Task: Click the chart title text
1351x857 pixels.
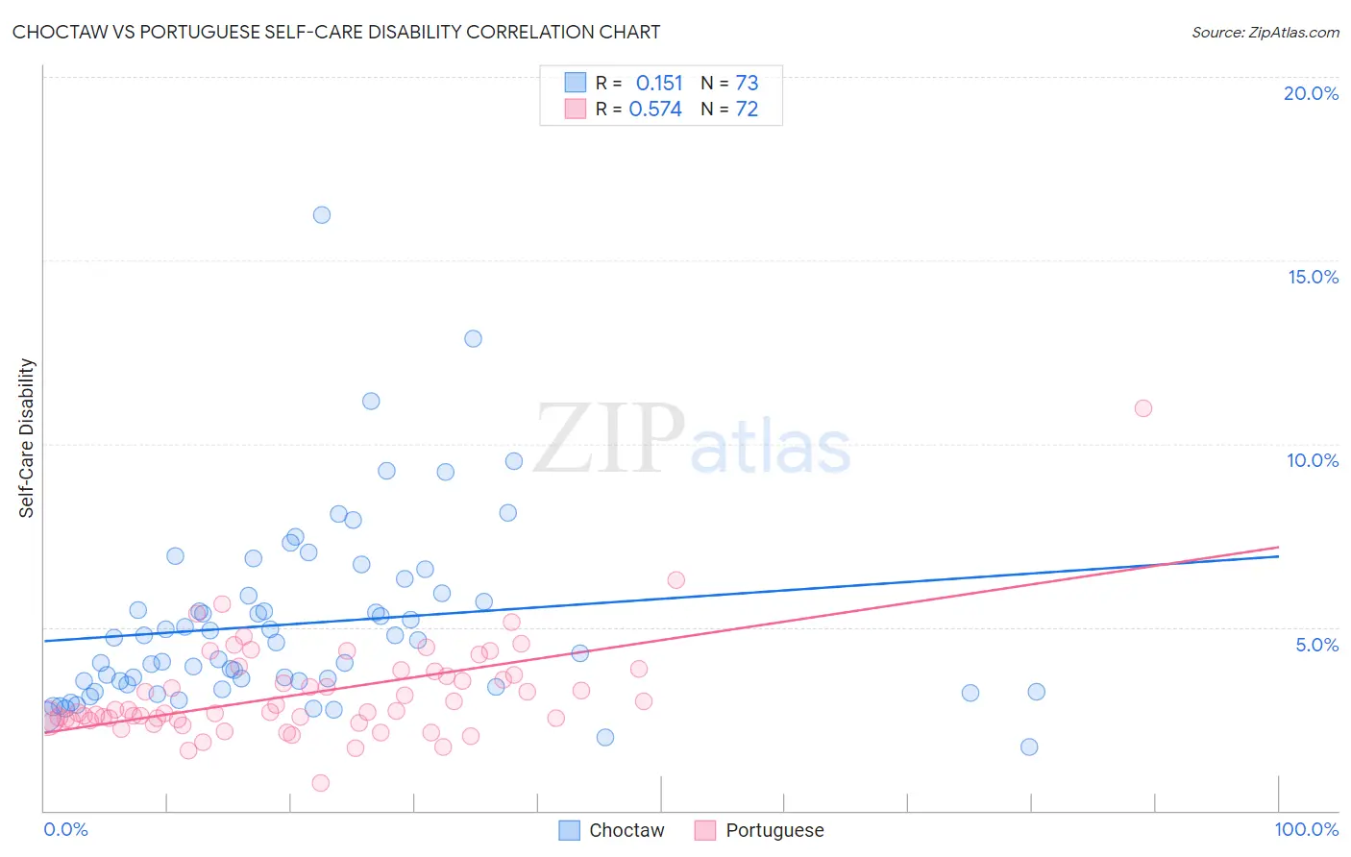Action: point(336,32)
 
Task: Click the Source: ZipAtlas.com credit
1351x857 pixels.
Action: point(1265,32)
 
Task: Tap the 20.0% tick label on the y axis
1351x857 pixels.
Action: point(1311,93)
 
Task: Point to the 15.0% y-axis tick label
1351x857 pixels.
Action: point(1313,277)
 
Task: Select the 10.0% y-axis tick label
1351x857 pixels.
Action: point(1313,460)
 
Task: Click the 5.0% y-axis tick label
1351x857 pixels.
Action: point(1316,645)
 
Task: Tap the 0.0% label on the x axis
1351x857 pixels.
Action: point(65,829)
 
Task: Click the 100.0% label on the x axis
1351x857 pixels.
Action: point(1307,829)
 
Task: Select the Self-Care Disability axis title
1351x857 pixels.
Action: point(27,438)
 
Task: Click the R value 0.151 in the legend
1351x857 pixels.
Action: point(659,84)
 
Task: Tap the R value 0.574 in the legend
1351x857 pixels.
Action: point(655,110)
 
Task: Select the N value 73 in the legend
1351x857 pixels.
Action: point(747,84)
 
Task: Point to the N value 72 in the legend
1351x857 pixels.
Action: point(747,110)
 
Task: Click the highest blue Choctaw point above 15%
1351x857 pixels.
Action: point(322,215)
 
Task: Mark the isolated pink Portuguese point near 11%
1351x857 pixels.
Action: point(1142,408)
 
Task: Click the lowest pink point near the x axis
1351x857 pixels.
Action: point(321,783)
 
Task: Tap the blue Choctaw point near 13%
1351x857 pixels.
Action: point(473,338)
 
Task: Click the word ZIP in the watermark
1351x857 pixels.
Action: point(609,440)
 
